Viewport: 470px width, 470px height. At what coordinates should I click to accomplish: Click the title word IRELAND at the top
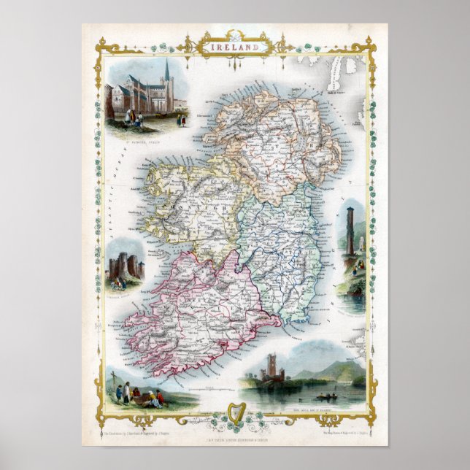pos(235,45)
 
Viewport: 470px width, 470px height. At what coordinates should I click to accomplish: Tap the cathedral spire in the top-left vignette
pos(166,71)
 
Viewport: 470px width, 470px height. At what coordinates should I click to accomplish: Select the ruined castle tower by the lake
pos(276,369)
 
